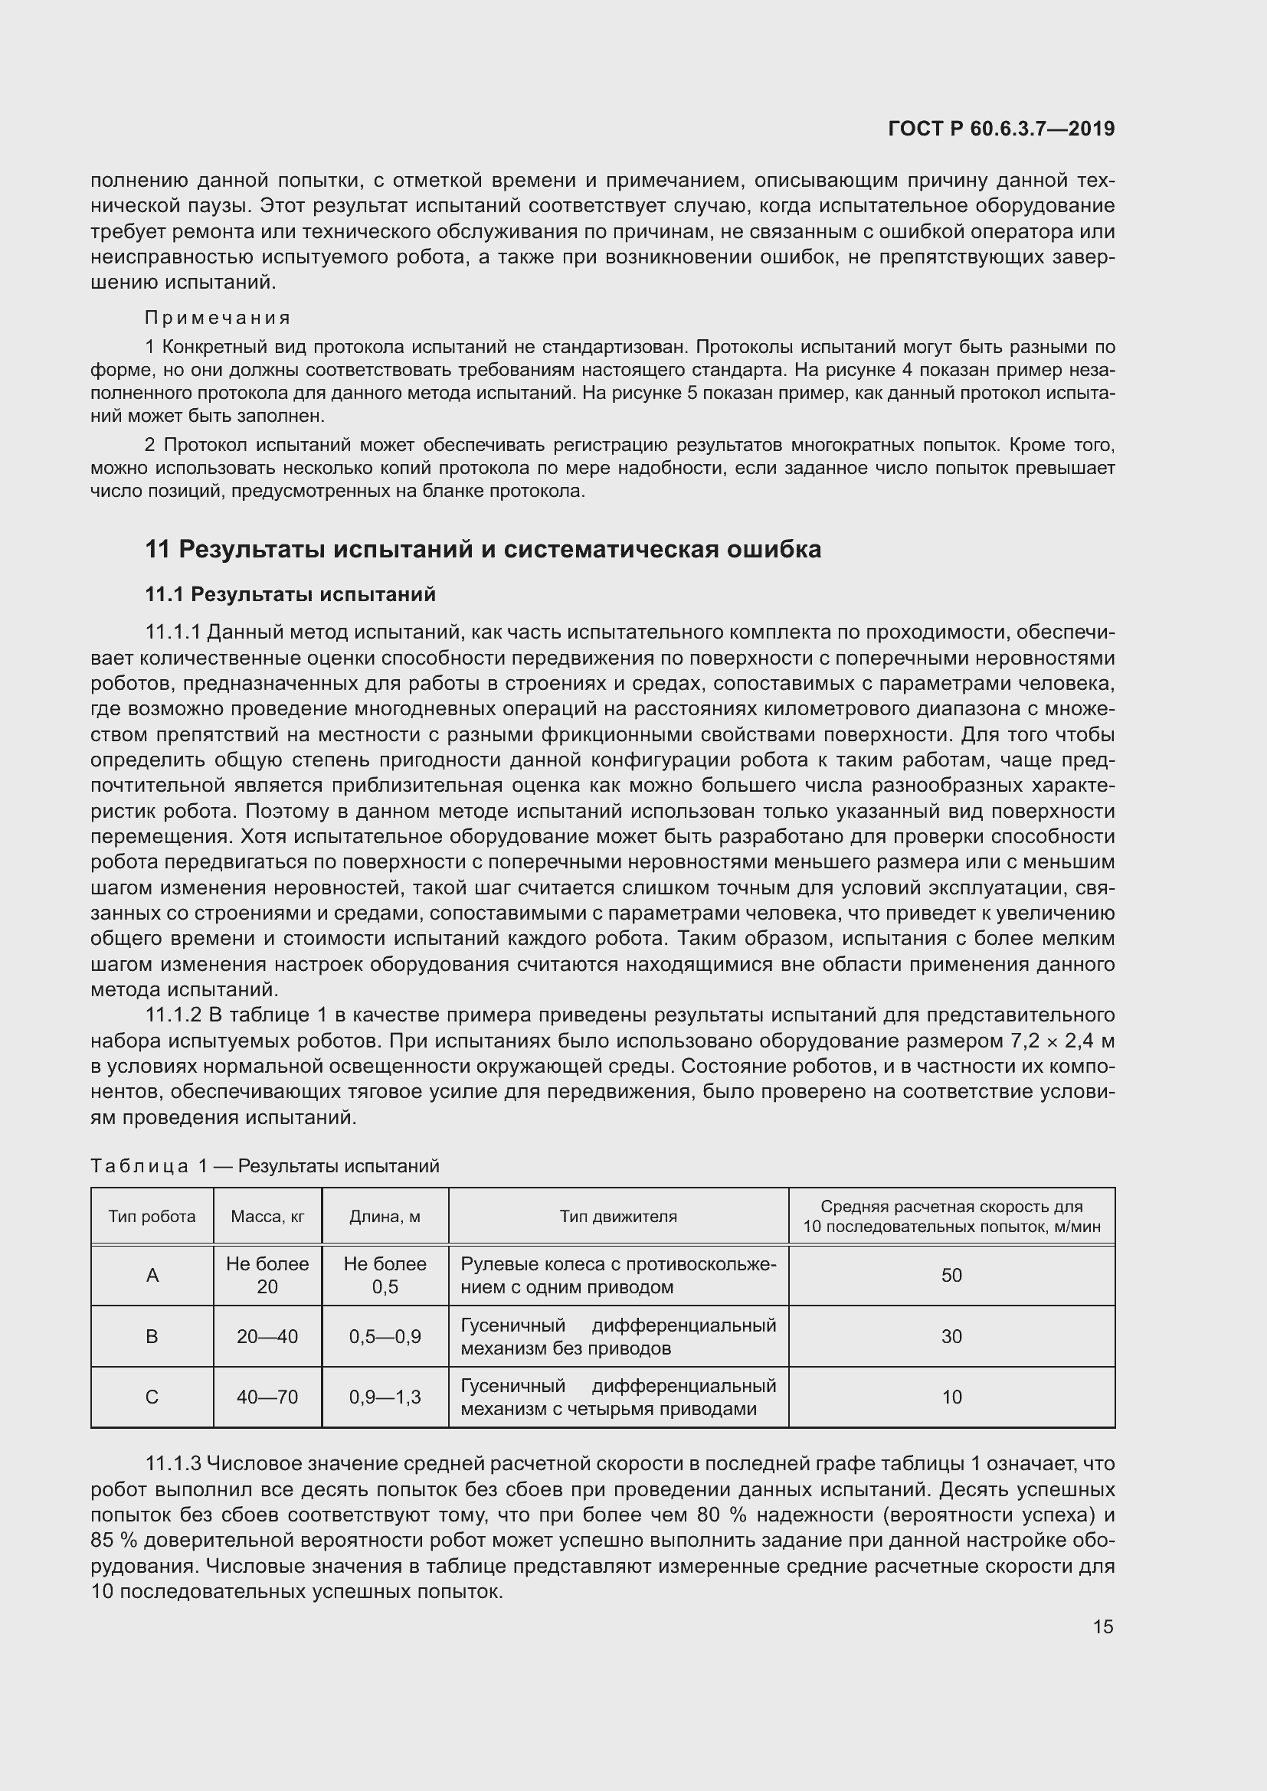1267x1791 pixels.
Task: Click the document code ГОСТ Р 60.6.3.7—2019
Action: pyautogui.click(x=1001, y=129)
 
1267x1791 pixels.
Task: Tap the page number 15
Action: pyautogui.click(x=1102, y=1626)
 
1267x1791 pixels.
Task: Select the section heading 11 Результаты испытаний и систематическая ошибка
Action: pyautogui.click(x=483, y=549)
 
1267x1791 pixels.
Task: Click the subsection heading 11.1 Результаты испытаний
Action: pyautogui.click(x=290, y=594)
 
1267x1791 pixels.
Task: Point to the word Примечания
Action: pyautogui.click(x=218, y=318)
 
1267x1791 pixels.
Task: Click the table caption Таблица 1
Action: pyautogui.click(x=149, y=1165)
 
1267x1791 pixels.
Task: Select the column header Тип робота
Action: pyautogui.click(x=152, y=1216)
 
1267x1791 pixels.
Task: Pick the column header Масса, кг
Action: pyautogui.click(x=267, y=1216)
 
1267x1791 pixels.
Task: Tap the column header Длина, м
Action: pyautogui.click(x=385, y=1216)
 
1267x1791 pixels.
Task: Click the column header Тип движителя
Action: pyautogui.click(x=618, y=1216)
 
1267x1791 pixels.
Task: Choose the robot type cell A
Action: pyautogui.click(x=152, y=1275)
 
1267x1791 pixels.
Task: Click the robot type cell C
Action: pyautogui.click(x=152, y=1397)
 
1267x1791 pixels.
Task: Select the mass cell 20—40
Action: pyautogui.click(x=267, y=1336)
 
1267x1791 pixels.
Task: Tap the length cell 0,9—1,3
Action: pyautogui.click(x=385, y=1397)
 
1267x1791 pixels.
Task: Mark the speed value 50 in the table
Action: pyautogui.click(x=951, y=1275)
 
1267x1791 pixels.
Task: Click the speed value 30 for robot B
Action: pyautogui.click(x=951, y=1336)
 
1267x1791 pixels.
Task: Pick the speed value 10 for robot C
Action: pyautogui.click(x=951, y=1397)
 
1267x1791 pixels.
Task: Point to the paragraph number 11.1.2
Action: pyautogui.click(x=173, y=1015)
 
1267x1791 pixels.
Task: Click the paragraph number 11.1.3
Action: pyautogui.click(x=173, y=1463)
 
